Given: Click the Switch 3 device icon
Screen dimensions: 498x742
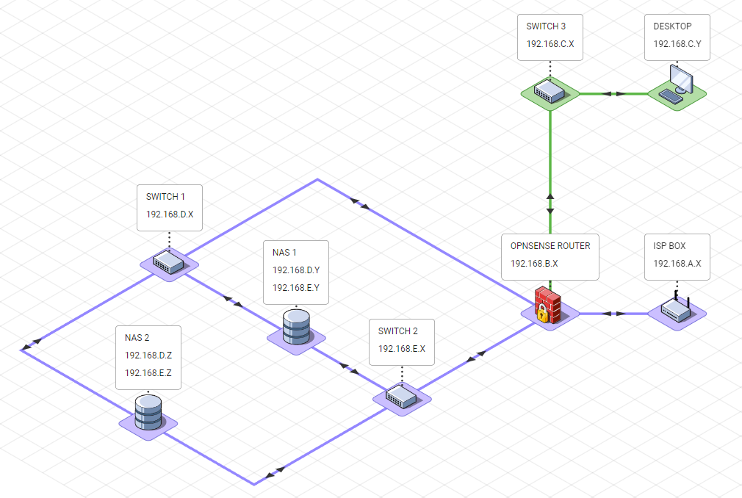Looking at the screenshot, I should click(550, 91).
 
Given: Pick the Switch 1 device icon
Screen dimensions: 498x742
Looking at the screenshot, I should click(168, 262).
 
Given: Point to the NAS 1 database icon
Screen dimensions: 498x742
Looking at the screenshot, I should click(296, 327).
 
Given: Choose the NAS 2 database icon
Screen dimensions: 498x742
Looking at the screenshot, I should click(148, 413).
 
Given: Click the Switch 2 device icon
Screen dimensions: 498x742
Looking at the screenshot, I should click(401, 397).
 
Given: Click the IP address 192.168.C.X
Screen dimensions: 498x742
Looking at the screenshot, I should click(550, 44).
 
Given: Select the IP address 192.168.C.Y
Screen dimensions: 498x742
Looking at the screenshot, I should click(677, 44).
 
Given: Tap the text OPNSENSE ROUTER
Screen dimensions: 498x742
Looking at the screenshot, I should click(550, 246).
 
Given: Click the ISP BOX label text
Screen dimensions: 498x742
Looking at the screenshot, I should click(669, 246).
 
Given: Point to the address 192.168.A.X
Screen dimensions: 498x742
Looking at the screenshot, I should click(677, 263).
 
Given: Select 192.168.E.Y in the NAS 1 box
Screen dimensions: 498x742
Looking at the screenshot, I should click(295, 287).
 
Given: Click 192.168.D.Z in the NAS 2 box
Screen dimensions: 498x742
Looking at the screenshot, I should click(148, 356).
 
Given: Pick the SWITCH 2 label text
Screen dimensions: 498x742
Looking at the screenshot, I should click(398, 331).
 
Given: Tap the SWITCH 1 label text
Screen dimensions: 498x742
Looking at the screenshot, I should click(166, 197).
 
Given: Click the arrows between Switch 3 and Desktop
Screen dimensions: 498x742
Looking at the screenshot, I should click(613, 94).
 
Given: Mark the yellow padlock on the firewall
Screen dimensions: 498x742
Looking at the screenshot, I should click(541, 315).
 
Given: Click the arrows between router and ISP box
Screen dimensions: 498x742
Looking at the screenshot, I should click(613, 314).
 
